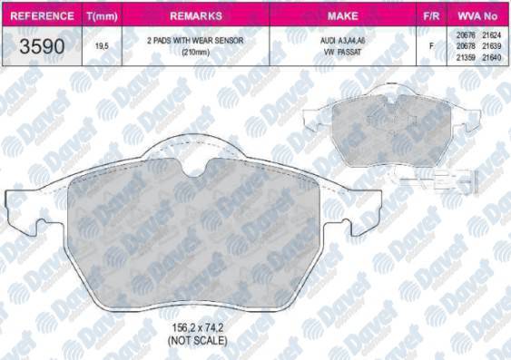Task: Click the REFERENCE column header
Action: [38, 16]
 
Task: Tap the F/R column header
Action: [432, 16]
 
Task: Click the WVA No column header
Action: [479, 16]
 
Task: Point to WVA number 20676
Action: [465, 32]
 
